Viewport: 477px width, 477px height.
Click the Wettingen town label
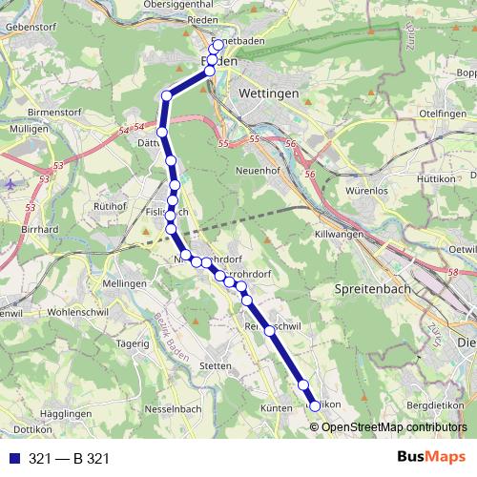(x=270, y=94)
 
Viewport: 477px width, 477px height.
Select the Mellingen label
(x=127, y=284)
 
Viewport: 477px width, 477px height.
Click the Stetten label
(x=217, y=365)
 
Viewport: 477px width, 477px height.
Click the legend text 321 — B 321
(x=69, y=458)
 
